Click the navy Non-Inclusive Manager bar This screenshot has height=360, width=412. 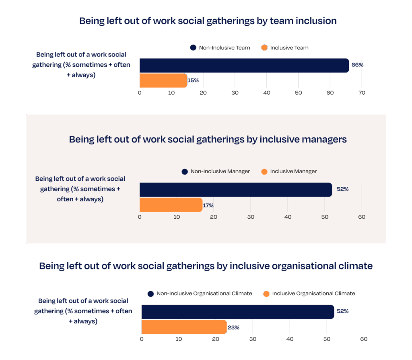235,190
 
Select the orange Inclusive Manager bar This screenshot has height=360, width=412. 171,205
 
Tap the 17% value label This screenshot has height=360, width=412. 208,205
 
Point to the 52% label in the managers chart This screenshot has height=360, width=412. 342,189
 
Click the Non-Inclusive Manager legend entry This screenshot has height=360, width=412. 216,172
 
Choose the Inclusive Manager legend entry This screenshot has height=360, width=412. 289,172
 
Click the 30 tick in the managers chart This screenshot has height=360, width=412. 251,217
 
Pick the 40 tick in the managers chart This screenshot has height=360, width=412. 288,217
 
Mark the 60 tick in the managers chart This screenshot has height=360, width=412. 362,217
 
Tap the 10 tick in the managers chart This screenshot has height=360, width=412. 177,217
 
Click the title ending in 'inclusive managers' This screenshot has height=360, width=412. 208,139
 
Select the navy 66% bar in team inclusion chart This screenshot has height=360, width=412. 244,65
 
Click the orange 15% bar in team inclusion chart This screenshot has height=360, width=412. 163,81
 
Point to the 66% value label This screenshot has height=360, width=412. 357,65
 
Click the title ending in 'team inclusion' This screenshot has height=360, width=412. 208,21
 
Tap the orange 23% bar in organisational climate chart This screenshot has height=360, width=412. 184,327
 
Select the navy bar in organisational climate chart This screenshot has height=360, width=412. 237,312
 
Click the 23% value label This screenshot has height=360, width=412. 233,327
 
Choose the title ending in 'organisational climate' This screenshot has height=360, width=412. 206,266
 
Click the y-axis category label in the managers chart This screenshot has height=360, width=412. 80,189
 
